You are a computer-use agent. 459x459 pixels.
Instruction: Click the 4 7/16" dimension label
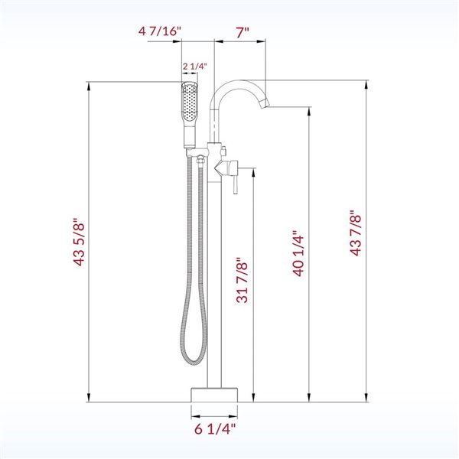pos(160,32)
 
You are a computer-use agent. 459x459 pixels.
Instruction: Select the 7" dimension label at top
pos(243,32)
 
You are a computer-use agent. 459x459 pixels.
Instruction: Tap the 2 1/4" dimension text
pos(195,67)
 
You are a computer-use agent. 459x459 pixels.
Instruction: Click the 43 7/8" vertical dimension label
pos(354,233)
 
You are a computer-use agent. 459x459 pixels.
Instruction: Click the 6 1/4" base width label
pos(214,429)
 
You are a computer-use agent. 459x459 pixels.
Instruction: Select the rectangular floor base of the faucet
pos(214,396)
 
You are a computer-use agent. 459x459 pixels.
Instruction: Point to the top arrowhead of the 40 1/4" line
pos(309,110)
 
